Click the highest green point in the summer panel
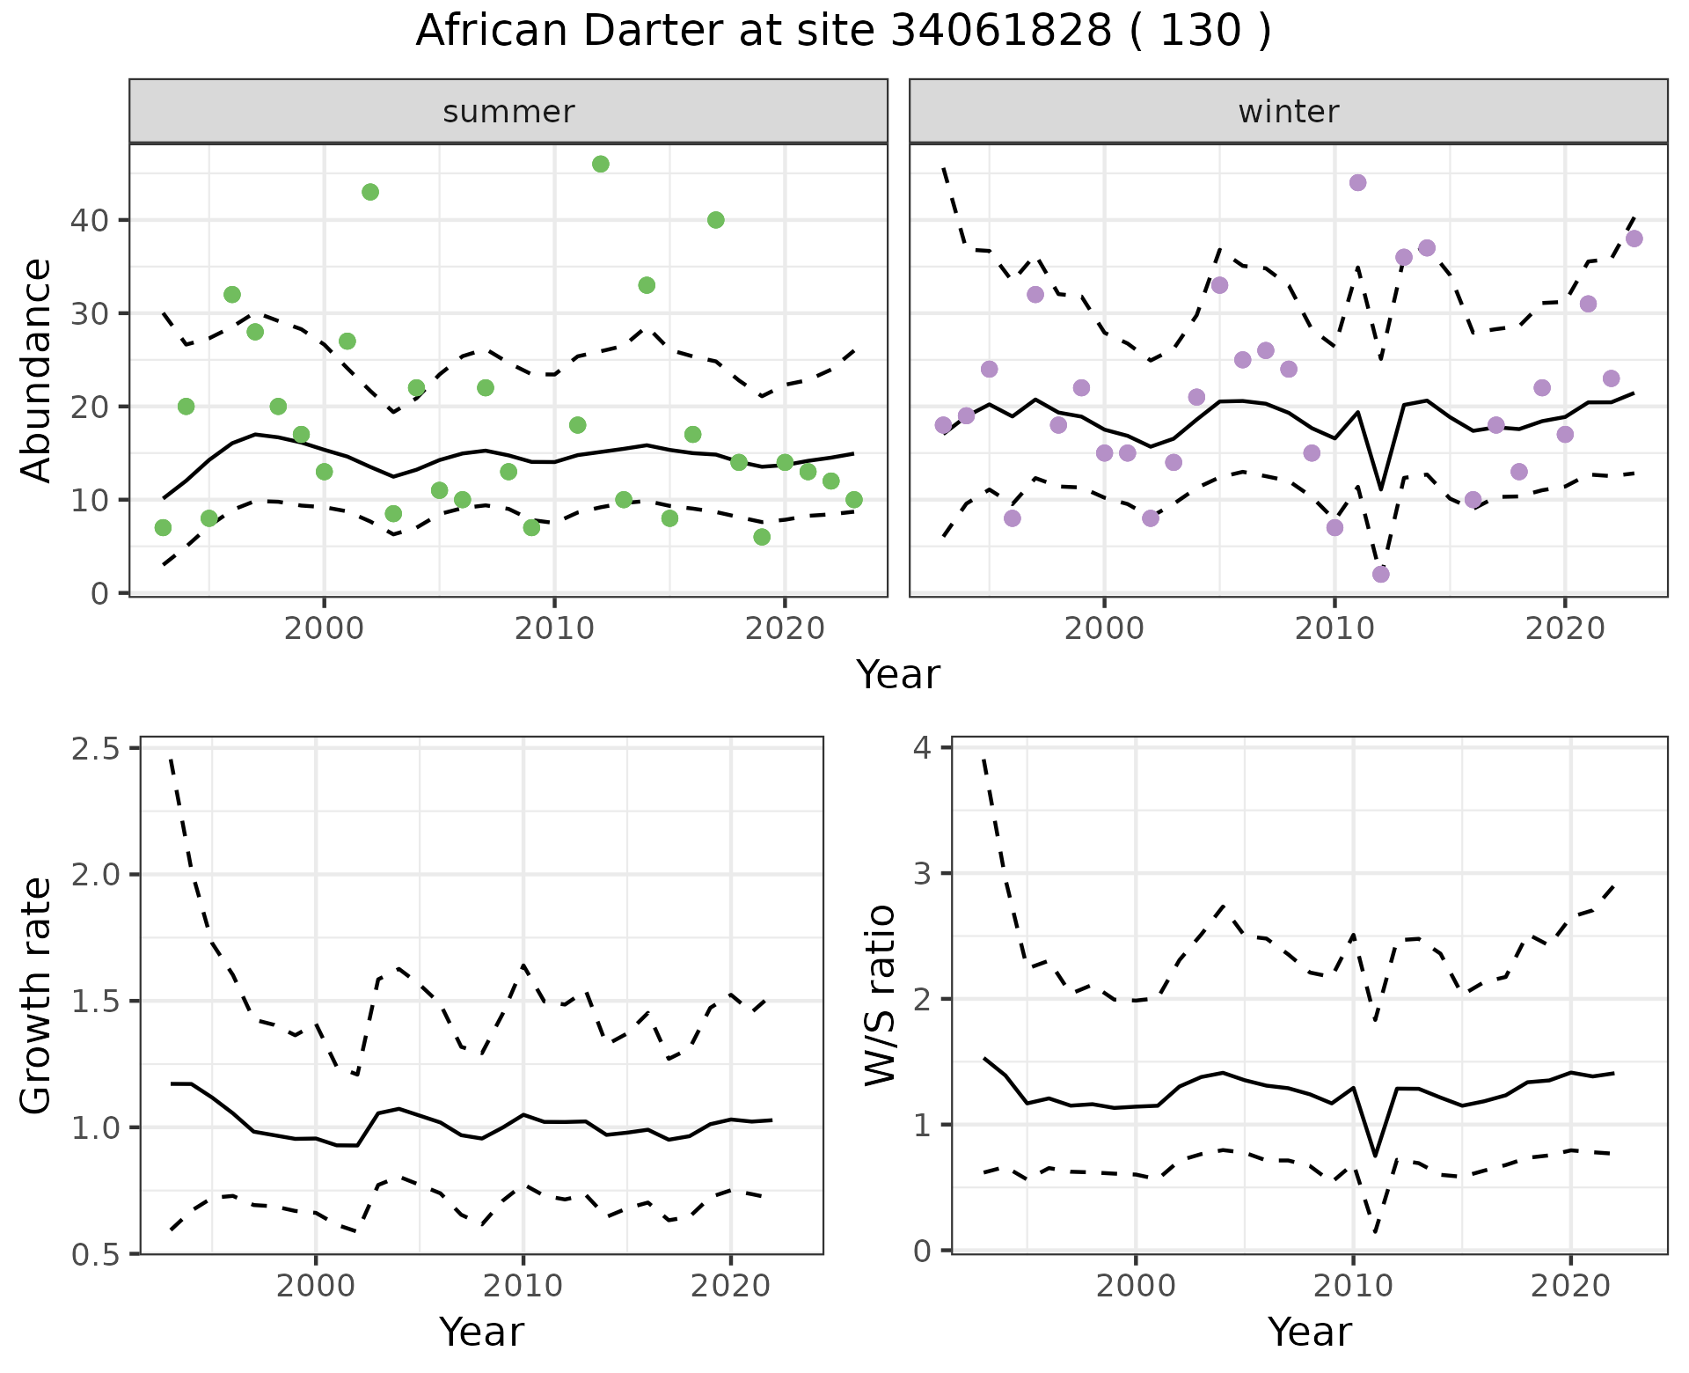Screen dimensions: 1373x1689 pyautogui.click(x=601, y=164)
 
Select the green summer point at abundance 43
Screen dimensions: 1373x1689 pyautogui.click(x=370, y=192)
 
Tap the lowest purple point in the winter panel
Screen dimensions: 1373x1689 pyautogui.click(x=1381, y=575)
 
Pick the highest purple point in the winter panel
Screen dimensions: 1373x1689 pyautogui.click(x=1357, y=183)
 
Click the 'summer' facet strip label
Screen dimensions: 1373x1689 pyautogui.click(x=508, y=112)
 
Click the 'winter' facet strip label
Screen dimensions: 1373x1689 pyautogui.click(x=1288, y=112)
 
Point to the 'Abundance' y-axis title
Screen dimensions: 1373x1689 pyautogui.click(x=36, y=370)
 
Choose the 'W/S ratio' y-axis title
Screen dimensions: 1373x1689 pyautogui.click(x=880, y=995)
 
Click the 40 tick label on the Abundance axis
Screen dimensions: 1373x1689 pyautogui.click(x=88, y=220)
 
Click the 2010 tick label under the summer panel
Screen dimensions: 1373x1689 pyautogui.click(x=554, y=629)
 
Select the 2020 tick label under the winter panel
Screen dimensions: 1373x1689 pyautogui.click(x=1564, y=629)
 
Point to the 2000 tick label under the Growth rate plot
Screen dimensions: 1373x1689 pyautogui.click(x=315, y=1286)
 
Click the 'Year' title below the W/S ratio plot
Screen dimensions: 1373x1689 pyautogui.click(x=1309, y=1333)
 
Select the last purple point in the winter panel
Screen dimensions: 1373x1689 pyautogui.click(x=1634, y=239)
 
